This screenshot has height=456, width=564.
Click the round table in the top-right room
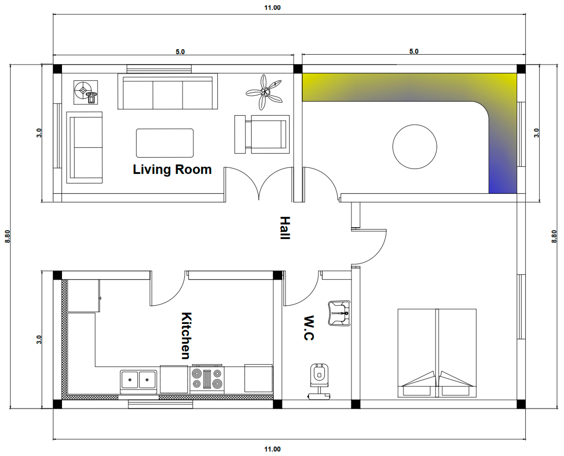[415, 147]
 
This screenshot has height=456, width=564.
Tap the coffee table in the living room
[165, 143]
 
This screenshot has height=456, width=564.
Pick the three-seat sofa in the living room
[168, 91]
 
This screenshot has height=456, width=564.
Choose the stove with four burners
[207, 379]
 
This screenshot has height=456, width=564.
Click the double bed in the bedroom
[437, 353]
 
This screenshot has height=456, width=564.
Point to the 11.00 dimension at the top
[272, 8]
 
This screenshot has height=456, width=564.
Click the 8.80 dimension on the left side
[7, 236]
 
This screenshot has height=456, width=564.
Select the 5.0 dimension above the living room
[180, 52]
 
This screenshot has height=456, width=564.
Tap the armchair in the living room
[262, 134]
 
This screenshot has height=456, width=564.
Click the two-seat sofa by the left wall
[84, 147]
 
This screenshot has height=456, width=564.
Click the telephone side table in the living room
[86, 92]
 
